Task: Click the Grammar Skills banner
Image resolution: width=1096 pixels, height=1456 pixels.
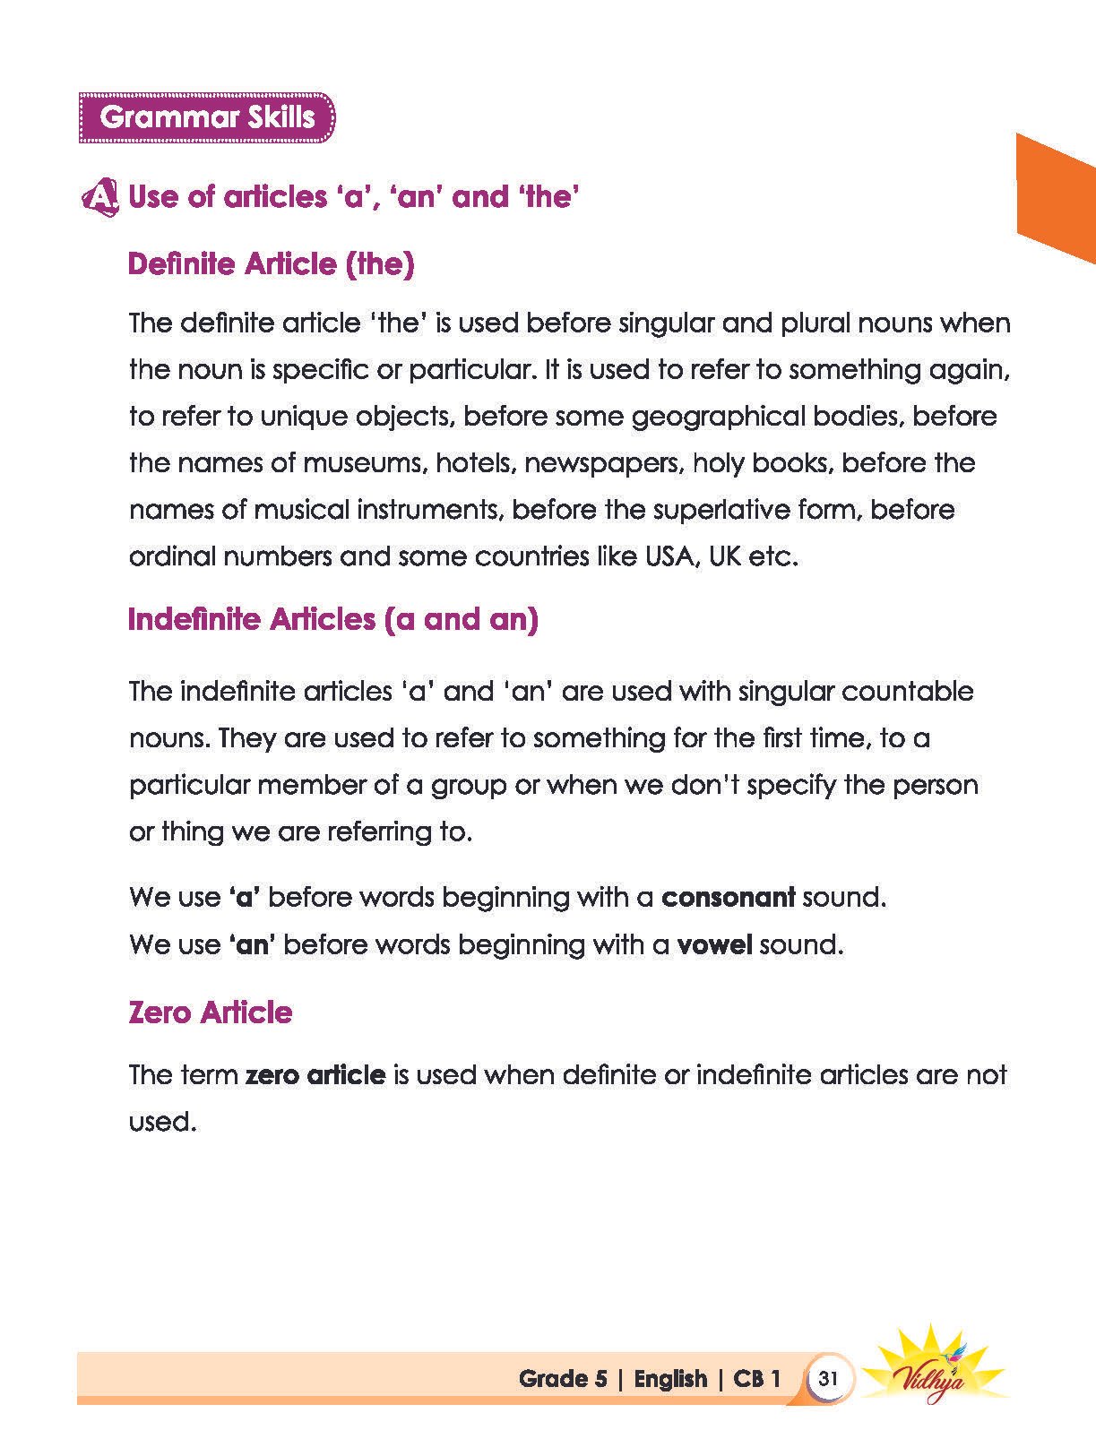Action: click(207, 117)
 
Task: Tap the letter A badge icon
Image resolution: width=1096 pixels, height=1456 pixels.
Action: click(99, 197)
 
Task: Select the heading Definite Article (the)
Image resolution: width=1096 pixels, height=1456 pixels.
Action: click(271, 264)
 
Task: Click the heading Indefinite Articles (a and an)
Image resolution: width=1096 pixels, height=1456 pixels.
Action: click(332, 619)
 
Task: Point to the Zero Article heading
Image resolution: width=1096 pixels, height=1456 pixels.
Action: click(210, 1012)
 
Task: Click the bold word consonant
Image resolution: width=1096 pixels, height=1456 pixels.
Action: click(728, 897)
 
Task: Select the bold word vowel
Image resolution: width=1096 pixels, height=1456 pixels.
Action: click(713, 944)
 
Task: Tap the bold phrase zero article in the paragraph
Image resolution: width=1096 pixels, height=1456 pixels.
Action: click(315, 1074)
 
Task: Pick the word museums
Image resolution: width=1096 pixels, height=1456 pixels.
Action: click(362, 463)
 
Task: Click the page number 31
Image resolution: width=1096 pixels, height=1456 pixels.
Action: click(827, 1378)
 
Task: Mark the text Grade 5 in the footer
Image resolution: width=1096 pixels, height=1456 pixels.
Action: click(563, 1378)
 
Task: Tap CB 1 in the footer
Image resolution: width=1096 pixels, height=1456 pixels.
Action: click(756, 1378)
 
